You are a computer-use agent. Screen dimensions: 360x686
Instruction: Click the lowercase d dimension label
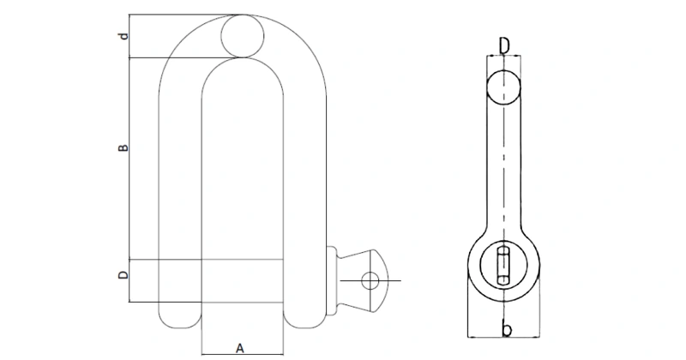pyautogui.click(x=124, y=37)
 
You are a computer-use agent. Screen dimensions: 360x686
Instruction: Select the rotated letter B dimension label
pyautogui.click(x=123, y=148)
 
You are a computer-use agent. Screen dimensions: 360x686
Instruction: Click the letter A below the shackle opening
pyautogui.click(x=241, y=347)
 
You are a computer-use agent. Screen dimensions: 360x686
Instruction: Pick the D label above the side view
pyautogui.click(x=504, y=43)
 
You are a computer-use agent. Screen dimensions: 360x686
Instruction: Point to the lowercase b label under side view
pyautogui.click(x=506, y=329)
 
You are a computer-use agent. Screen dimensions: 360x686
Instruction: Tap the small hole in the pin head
pyautogui.click(x=370, y=280)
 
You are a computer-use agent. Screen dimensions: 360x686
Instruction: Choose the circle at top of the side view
pyautogui.click(x=504, y=87)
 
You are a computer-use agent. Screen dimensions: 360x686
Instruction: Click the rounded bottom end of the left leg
pyautogui.click(x=181, y=317)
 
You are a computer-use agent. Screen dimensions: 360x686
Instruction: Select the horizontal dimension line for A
pyautogui.click(x=241, y=353)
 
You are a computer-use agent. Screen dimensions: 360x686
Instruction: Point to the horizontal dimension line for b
pyautogui.click(x=504, y=337)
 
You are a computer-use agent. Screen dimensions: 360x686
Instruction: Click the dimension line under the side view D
pyautogui.click(x=504, y=56)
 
